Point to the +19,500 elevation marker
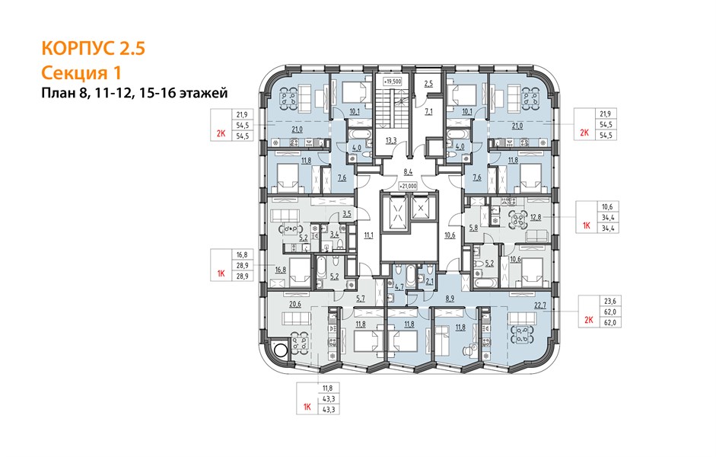point(392,81)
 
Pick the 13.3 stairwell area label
point(391,141)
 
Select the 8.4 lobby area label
point(408,172)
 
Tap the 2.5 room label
point(428,84)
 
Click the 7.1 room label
point(428,111)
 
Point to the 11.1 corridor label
point(368,235)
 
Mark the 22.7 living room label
point(540,305)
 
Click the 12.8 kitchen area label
point(536,217)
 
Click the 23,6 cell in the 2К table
point(610,301)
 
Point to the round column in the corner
point(280,350)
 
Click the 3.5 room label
point(346,213)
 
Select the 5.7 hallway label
point(361,299)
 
